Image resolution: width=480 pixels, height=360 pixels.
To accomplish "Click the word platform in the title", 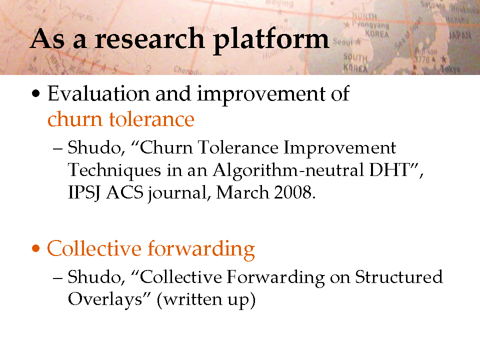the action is click(271, 40).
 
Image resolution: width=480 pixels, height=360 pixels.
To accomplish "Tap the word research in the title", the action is click(149, 39).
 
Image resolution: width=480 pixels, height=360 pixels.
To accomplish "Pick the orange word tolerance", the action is click(151, 119).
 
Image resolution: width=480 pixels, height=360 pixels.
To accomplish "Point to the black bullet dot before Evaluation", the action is click(36, 93).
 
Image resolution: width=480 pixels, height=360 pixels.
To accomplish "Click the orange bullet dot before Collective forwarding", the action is click(36, 248).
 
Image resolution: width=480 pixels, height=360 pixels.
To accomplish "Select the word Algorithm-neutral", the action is click(288, 169).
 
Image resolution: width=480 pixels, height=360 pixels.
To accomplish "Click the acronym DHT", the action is click(389, 169).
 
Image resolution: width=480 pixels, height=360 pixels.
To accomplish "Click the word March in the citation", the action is click(242, 192).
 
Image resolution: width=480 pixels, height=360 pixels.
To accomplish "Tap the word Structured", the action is click(399, 276).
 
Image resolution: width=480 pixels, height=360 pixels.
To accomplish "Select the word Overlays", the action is click(105, 299).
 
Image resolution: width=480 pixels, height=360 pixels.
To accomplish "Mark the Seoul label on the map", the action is click(343, 41).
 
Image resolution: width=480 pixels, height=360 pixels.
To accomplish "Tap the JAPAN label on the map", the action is click(460, 35).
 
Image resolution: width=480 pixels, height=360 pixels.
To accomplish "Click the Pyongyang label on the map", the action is click(370, 24).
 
